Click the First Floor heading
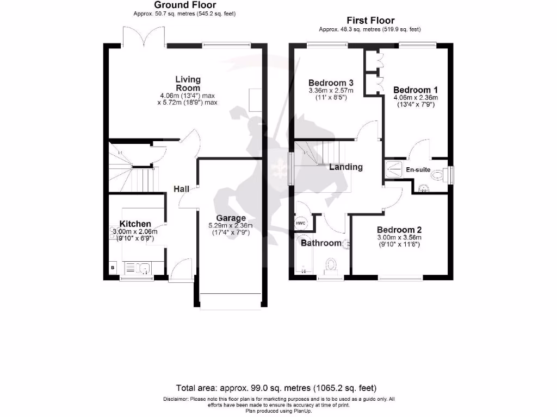pyautogui.click(x=369, y=21)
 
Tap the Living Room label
pyautogui.click(x=188, y=84)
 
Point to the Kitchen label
pyautogui.click(x=135, y=224)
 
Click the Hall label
pyautogui.click(x=181, y=189)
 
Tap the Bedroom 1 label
pyautogui.click(x=416, y=90)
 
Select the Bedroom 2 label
pyautogui.click(x=399, y=229)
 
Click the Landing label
pyautogui.click(x=346, y=167)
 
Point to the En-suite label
pyautogui.click(x=418, y=170)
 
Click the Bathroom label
pyautogui.click(x=321, y=243)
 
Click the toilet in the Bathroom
pyautogui.click(x=330, y=266)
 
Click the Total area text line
pyautogui.click(x=276, y=388)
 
